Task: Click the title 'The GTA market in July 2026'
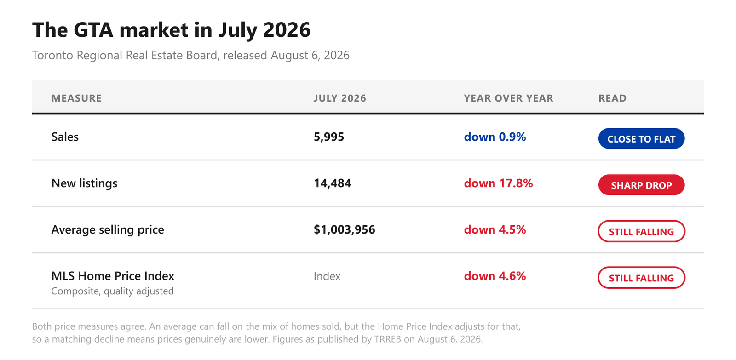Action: [x=171, y=30]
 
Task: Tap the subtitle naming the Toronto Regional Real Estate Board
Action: [x=190, y=55]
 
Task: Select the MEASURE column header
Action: [x=76, y=98]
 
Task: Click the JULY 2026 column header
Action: [x=340, y=98]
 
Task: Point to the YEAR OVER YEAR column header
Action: [x=509, y=98]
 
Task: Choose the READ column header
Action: [x=612, y=98]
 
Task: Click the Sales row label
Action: [x=65, y=137]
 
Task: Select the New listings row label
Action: [x=85, y=183]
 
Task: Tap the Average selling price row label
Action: [x=108, y=229]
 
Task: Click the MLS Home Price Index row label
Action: [x=113, y=276]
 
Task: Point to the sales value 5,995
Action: [x=329, y=137]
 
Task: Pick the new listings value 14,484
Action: [x=333, y=183]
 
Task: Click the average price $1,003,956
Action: [x=345, y=229]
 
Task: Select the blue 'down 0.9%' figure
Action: [x=495, y=137]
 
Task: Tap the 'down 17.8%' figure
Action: [x=499, y=183]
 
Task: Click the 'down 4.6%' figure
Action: [x=495, y=276]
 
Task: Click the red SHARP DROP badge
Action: [x=641, y=185]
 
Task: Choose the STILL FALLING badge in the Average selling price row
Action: [x=641, y=231]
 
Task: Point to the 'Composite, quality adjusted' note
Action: [x=112, y=291]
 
